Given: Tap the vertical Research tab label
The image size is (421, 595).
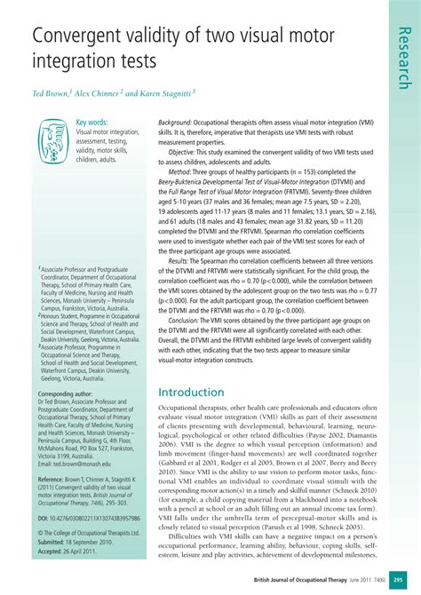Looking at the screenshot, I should click(x=403, y=57).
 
